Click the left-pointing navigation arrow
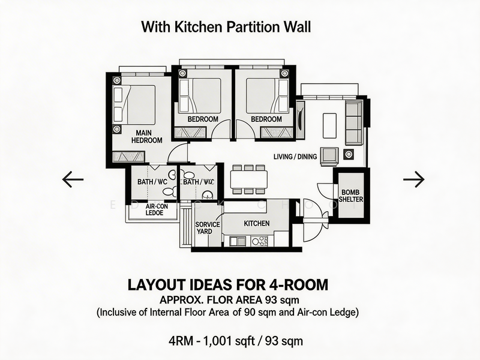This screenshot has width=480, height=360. click(73, 179)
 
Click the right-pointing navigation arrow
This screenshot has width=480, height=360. click(413, 179)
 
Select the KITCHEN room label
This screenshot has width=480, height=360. click(257, 223)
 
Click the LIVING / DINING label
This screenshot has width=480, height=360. click(295, 157)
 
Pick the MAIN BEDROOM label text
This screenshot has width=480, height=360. click(148, 136)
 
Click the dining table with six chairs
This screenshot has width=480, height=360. click(248, 179)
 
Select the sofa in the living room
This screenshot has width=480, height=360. click(354, 122)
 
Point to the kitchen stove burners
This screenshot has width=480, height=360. click(260, 241)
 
